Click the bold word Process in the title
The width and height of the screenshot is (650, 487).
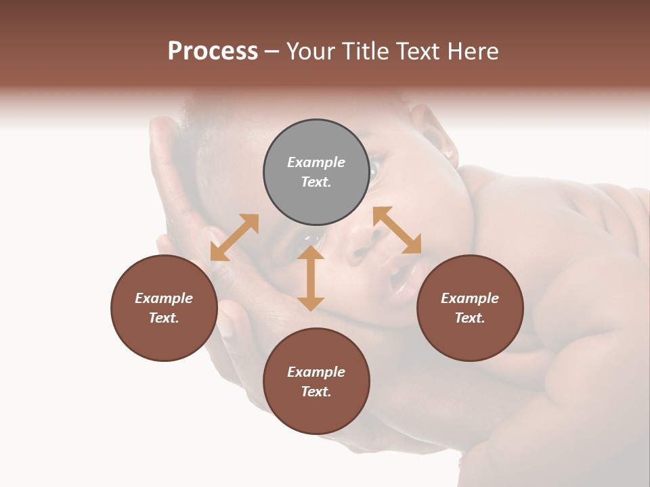(x=213, y=51)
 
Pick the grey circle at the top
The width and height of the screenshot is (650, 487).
(x=316, y=172)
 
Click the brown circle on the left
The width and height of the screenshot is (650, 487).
(x=164, y=308)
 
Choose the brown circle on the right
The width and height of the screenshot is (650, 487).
(x=470, y=308)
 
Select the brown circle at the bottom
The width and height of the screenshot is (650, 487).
(x=316, y=381)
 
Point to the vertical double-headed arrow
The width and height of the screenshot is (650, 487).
(x=311, y=278)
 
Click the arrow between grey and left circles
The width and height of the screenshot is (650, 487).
(x=234, y=237)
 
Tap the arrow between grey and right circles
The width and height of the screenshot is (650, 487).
(x=397, y=230)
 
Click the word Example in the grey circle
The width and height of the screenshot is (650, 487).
(x=316, y=162)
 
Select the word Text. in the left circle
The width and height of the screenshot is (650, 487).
(x=164, y=318)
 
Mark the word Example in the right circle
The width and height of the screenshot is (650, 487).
(x=470, y=298)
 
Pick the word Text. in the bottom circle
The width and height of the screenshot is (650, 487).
(x=316, y=392)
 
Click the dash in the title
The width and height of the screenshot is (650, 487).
(x=272, y=51)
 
